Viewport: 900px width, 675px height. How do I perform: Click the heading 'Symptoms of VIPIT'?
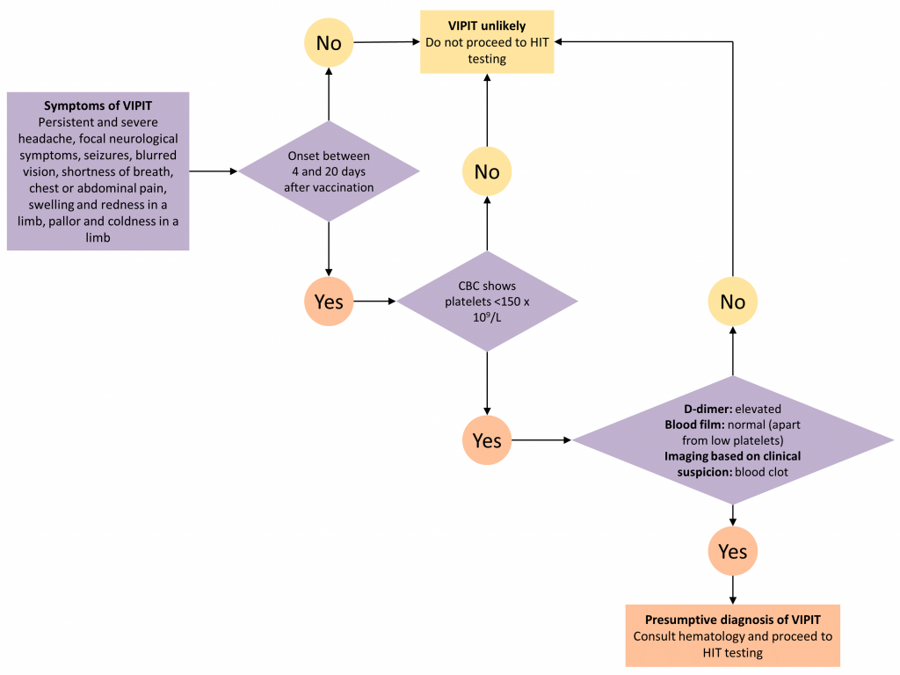98,105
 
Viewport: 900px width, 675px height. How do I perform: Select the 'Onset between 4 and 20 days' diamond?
329,171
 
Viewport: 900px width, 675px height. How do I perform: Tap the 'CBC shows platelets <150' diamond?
487,301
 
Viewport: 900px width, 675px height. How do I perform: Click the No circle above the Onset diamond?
329,42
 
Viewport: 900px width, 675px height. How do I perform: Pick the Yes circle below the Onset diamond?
329,301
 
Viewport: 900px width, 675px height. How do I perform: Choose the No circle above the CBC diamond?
487,171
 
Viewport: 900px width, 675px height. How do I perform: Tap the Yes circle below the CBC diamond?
487,440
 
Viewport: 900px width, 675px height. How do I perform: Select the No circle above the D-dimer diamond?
732,301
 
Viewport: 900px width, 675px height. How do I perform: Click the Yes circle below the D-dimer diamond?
732,551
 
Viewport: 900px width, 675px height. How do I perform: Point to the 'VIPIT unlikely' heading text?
487,25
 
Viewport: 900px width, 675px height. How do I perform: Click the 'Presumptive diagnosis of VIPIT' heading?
732,620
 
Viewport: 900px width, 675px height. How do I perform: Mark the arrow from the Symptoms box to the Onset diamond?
214,171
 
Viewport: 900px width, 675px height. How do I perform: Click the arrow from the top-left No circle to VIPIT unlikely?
388,42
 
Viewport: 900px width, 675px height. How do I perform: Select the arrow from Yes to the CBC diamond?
375,301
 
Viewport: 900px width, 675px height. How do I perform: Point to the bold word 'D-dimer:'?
708,410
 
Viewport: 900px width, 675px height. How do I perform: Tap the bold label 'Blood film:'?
694,425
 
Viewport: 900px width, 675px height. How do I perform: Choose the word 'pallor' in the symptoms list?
66,221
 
